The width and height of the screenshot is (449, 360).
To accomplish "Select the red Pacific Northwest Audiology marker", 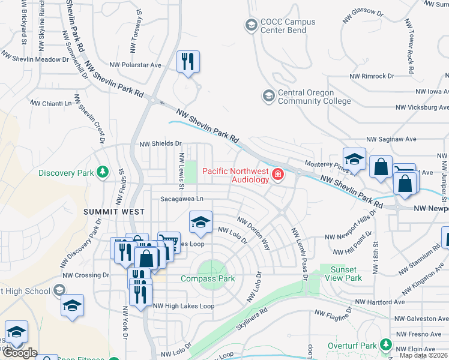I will click(277, 175).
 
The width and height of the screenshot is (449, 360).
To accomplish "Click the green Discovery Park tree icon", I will click(103, 173).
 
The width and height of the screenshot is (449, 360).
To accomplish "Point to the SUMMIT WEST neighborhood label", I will click(114, 212).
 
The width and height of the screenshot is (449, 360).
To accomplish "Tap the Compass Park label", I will click(208, 279).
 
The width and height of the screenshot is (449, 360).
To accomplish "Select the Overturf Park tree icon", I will click(385, 346).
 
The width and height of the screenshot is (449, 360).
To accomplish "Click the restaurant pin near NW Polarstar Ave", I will click(188, 61).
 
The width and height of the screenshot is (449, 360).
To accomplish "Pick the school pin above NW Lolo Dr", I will click(200, 223).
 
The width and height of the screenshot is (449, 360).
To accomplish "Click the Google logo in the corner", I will click(19, 353).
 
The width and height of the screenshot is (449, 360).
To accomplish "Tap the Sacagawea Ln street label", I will click(182, 199).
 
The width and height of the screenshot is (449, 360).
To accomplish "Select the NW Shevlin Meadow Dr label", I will click(35, 59).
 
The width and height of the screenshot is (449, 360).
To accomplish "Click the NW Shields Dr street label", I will click(160, 144).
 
